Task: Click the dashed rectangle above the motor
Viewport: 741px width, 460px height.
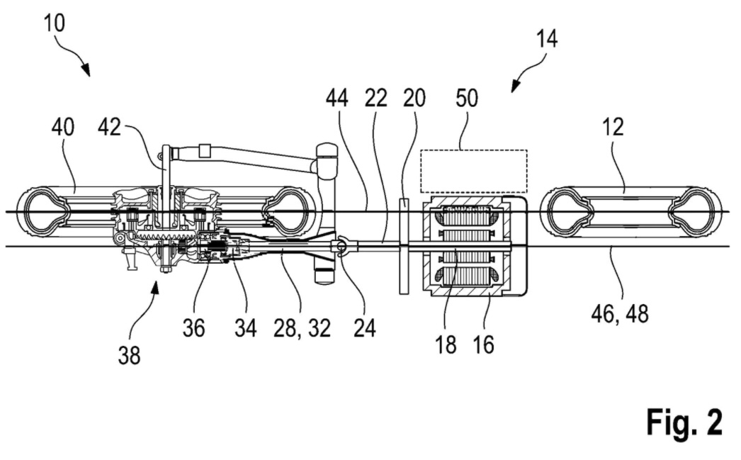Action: (473, 171)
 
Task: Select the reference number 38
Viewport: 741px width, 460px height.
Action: (128, 355)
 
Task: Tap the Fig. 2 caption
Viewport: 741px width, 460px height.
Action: (684, 423)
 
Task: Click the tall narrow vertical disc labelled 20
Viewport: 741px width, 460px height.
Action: (404, 247)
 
